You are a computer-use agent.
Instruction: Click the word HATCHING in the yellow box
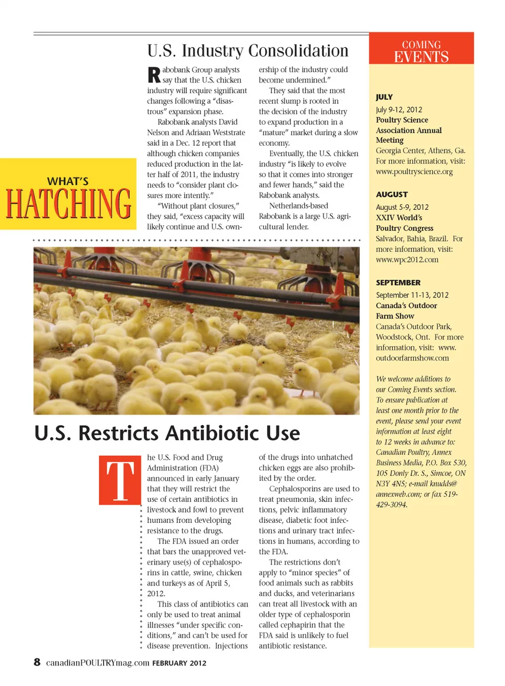point(68,204)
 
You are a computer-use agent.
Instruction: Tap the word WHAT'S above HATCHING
point(68,181)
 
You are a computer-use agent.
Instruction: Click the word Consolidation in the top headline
point(298,51)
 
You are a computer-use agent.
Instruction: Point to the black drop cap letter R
point(154,75)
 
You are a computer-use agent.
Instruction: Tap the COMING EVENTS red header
point(421,52)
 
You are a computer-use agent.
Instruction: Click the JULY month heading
point(384,97)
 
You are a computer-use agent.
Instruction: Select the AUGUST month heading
point(391,195)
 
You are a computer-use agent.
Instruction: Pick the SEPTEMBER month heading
point(398,283)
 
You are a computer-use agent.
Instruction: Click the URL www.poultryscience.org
point(414,171)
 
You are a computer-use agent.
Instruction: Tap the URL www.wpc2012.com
point(407,259)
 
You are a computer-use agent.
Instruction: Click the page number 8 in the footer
point(37,662)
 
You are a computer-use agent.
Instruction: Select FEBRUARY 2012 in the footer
point(179,663)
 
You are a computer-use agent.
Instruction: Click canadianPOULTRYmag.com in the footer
point(98,663)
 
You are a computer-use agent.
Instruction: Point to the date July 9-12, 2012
point(399,109)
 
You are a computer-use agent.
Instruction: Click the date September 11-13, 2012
point(412,295)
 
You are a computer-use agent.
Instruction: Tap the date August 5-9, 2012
point(402,207)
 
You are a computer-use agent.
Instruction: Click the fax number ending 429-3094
point(391,505)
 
